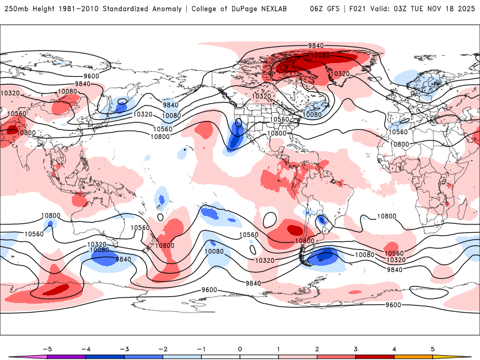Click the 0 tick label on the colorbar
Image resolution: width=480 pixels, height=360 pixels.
click(x=240, y=349)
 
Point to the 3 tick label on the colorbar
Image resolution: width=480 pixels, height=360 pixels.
click(x=356, y=349)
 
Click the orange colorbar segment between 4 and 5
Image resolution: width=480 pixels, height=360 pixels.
click(x=413, y=356)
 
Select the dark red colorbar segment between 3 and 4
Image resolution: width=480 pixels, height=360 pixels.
click(x=375, y=356)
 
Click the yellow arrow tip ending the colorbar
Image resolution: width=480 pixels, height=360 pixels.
click(x=462, y=356)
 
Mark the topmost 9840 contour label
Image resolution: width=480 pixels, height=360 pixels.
click(x=316, y=46)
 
